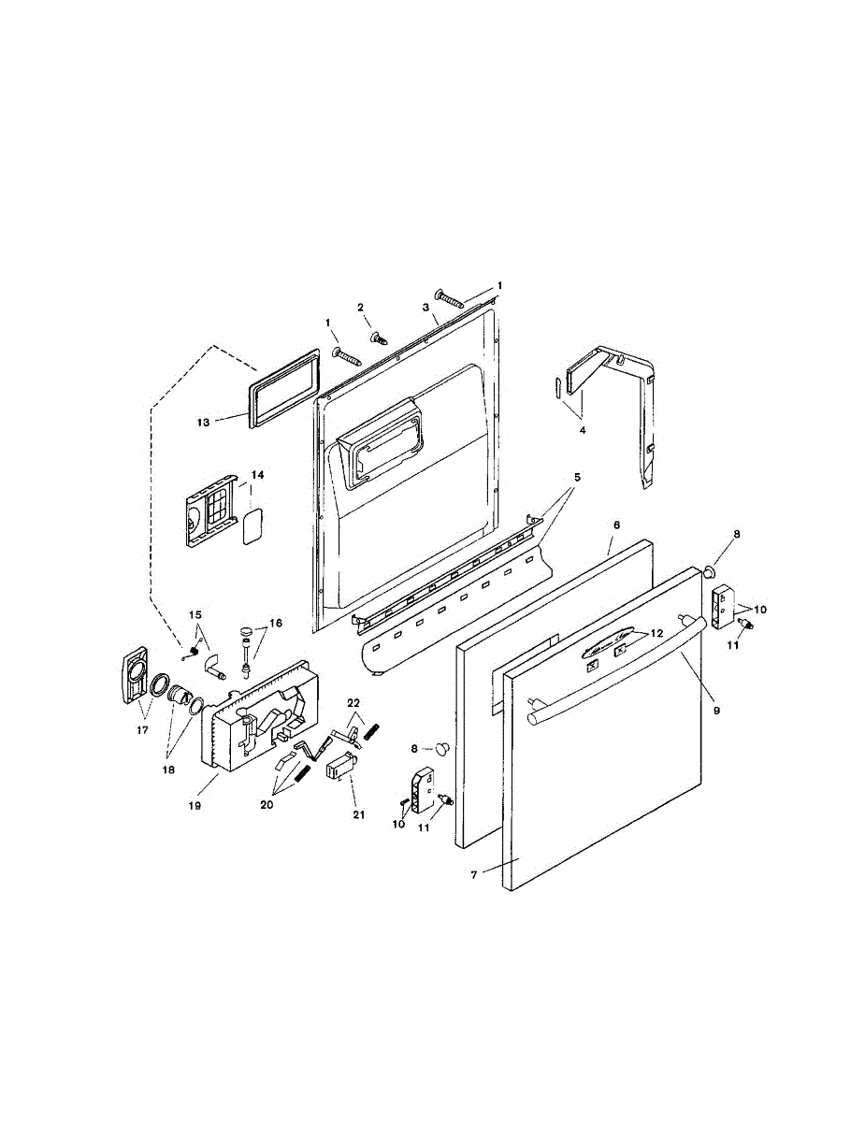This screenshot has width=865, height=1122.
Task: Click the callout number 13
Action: click(x=203, y=422)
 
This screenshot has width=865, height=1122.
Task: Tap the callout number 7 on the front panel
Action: click(x=474, y=874)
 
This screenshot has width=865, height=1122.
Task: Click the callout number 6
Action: click(x=616, y=525)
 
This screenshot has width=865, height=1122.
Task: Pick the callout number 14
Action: click(x=257, y=475)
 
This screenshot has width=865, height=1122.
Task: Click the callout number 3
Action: click(x=425, y=307)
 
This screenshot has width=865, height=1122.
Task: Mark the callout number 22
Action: click(x=353, y=703)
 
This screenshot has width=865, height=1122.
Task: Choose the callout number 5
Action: click(x=577, y=477)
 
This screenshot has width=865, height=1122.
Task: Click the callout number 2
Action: click(x=361, y=307)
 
